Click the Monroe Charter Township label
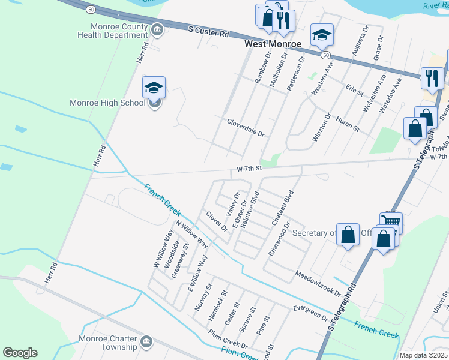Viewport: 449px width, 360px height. (108, 343)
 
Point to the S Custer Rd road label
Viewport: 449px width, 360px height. (208, 31)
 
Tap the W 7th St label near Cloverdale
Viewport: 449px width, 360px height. (250, 169)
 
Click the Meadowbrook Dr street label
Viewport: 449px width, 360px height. (318, 285)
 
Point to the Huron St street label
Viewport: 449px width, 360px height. (347, 124)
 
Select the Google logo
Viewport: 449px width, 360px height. (20, 353)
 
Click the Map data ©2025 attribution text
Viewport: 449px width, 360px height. (423, 355)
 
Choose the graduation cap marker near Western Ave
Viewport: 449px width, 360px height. (322, 35)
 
